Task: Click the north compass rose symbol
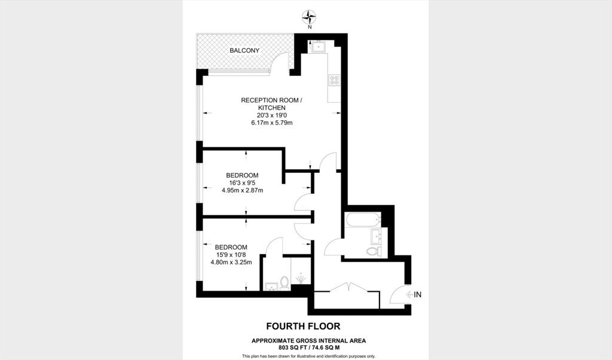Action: coord(310,17)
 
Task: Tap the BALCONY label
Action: coord(244,50)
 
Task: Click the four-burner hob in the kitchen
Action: coord(335,80)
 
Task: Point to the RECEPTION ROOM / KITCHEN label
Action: coord(272,104)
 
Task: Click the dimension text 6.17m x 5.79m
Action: coord(272,123)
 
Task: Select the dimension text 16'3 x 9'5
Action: coord(243,183)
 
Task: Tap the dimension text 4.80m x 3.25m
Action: coord(231,262)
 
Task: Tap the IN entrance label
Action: coord(418,295)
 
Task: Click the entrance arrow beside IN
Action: coord(409,295)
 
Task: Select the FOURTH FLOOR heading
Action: coord(303,326)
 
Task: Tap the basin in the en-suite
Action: coord(271,286)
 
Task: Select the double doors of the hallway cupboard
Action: coord(348,287)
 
